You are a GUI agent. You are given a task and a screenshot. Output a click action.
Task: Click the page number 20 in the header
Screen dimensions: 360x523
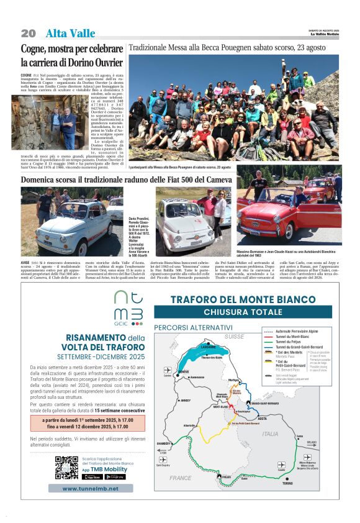(x=28, y=33)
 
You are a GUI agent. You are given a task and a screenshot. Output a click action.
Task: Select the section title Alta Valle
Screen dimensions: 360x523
(x=70, y=34)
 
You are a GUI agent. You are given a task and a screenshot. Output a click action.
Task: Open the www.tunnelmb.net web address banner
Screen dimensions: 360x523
(x=88, y=488)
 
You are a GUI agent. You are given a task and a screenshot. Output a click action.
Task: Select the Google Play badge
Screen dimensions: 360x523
(x=115, y=477)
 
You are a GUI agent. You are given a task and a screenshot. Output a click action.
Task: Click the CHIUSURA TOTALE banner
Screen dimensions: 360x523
(x=243, y=311)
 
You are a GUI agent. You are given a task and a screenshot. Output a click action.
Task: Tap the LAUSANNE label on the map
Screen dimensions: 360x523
(x=209, y=347)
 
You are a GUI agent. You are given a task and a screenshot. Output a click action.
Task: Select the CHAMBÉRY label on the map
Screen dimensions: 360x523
(x=164, y=443)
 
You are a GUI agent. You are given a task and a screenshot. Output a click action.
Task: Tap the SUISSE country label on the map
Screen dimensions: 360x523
(x=235, y=336)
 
